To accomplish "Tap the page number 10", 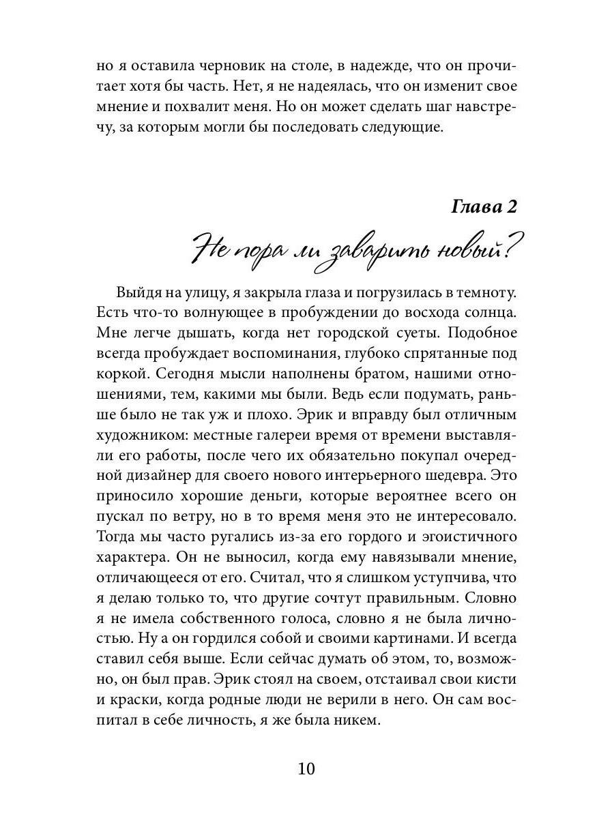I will coord(306,769).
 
